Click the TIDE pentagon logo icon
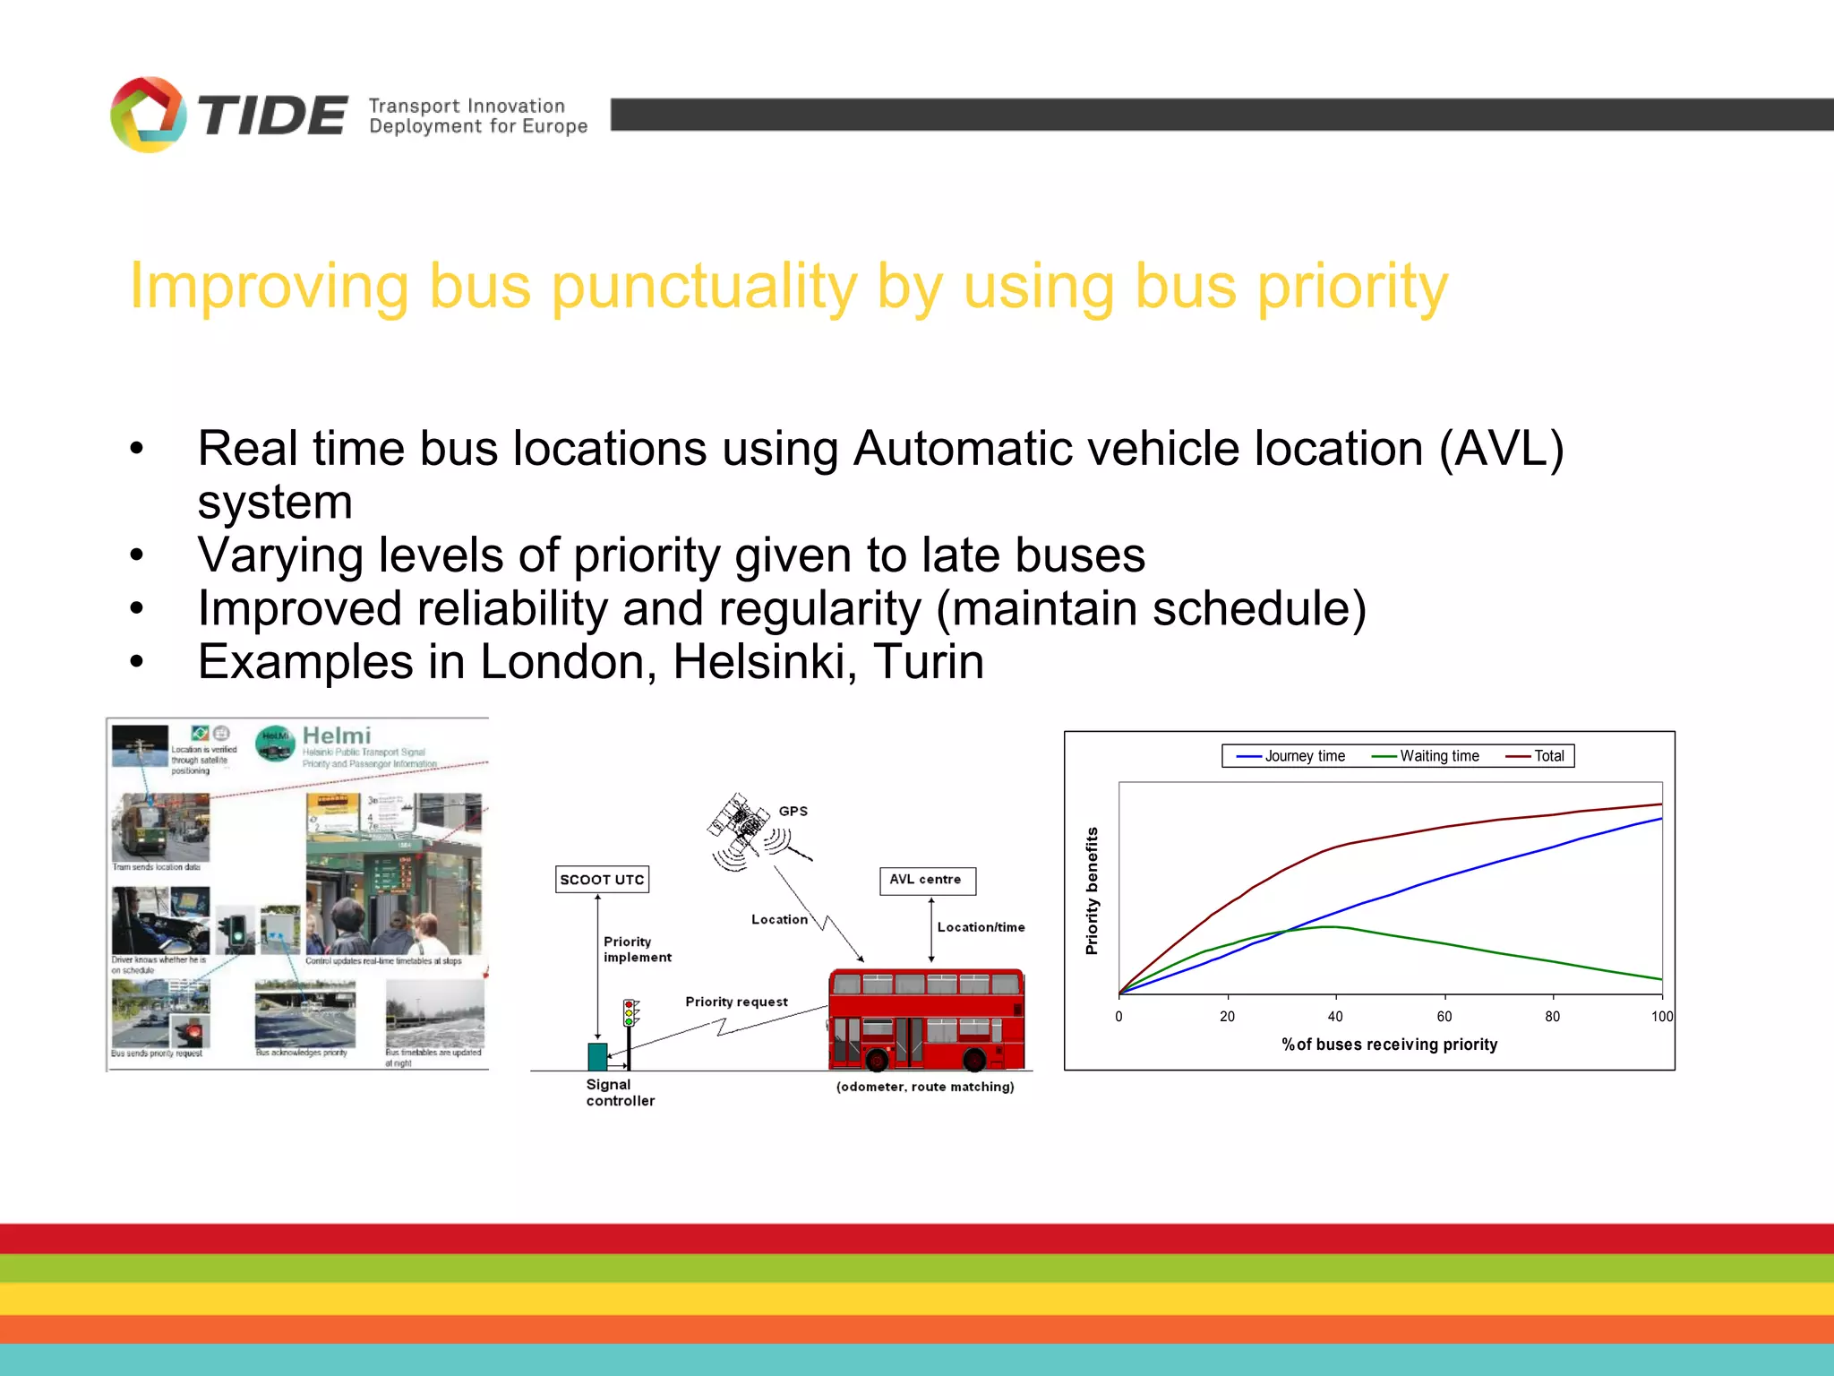(148, 115)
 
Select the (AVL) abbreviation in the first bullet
(1501, 448)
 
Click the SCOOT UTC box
(602, 880)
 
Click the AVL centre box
(926, 880)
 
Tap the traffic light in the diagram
(629, 1013)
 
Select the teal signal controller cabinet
(597, 1056)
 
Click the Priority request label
(736, 1002)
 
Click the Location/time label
(981, 927)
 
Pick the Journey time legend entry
(1291, 756)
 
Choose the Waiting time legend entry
(1426, 756)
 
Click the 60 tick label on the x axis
(1444, 1016)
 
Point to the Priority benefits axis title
(1092, 890)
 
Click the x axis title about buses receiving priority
(1389, 1045)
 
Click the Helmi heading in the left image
(336, 735)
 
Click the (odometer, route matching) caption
(925, 1087)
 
